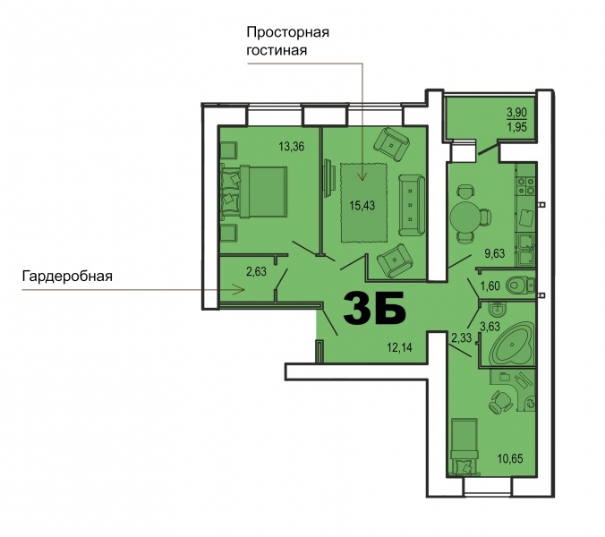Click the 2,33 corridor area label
(462, 337)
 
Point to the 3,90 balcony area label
(517, 112)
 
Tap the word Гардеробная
(67, 276)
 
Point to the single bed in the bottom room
(465, 446)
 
